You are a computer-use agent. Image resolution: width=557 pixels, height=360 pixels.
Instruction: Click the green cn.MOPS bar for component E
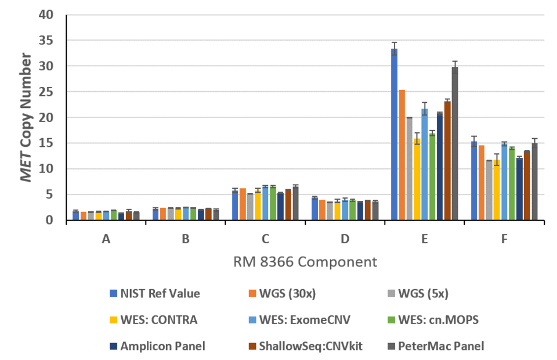pyautogui.click(x=432, y=177)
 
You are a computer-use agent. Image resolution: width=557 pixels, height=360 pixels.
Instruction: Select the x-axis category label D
pyautogui.click(x=345, y=239)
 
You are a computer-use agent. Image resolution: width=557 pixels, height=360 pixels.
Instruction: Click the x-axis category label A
pyautogui.click(x=106, y=239)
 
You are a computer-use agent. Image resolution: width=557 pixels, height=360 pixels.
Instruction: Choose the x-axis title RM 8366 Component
pyautogui.click(x=305, y=262)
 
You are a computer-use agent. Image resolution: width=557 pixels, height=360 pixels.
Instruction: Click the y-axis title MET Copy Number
pyautogui.click(x=27, y=117)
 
